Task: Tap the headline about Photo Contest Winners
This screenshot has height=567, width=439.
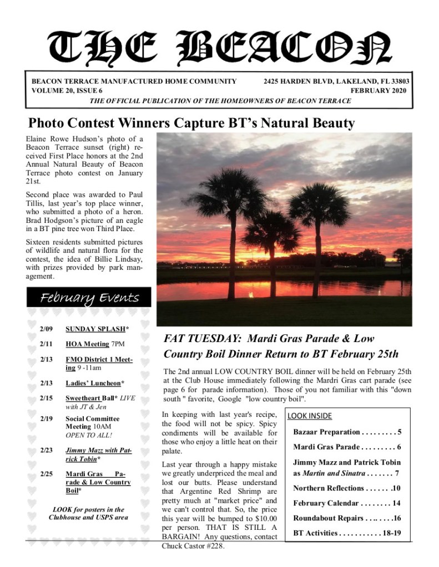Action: [191, 122]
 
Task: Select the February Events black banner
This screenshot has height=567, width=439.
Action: [89, 298]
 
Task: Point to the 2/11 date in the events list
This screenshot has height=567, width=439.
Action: [46, 344]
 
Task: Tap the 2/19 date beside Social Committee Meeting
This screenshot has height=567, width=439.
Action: [46, 418]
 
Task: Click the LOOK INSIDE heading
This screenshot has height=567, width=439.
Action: [309, 416]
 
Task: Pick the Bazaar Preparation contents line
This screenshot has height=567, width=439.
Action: [347, 432]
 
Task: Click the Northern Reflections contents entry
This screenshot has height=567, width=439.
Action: [347, 488]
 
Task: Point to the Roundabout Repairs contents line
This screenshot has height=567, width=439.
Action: [347, 518]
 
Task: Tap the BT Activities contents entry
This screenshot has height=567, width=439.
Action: [347, 533]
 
